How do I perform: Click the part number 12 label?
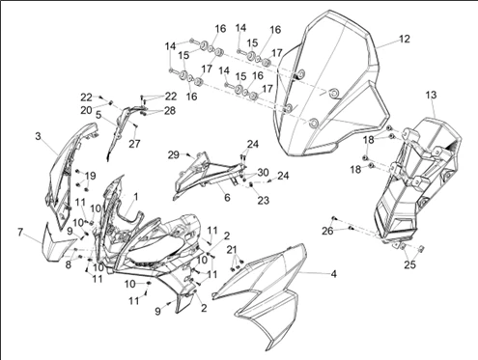pos(405,39)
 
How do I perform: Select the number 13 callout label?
pos(431,95)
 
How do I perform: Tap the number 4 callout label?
pos(334,274)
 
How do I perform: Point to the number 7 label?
pos(20,233)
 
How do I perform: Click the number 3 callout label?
pos(38,136)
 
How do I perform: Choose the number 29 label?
pos(174,154)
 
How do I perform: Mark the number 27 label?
pos(134,144)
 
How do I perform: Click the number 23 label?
pos(263,200)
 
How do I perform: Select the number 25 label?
pos(410,264)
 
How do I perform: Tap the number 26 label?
pos(327,231)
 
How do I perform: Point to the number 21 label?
pos(232,250)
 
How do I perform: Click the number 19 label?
pos(91,176)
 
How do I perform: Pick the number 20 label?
pos(86,110)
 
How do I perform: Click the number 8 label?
pos(69,265)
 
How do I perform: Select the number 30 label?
pos(263,173)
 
